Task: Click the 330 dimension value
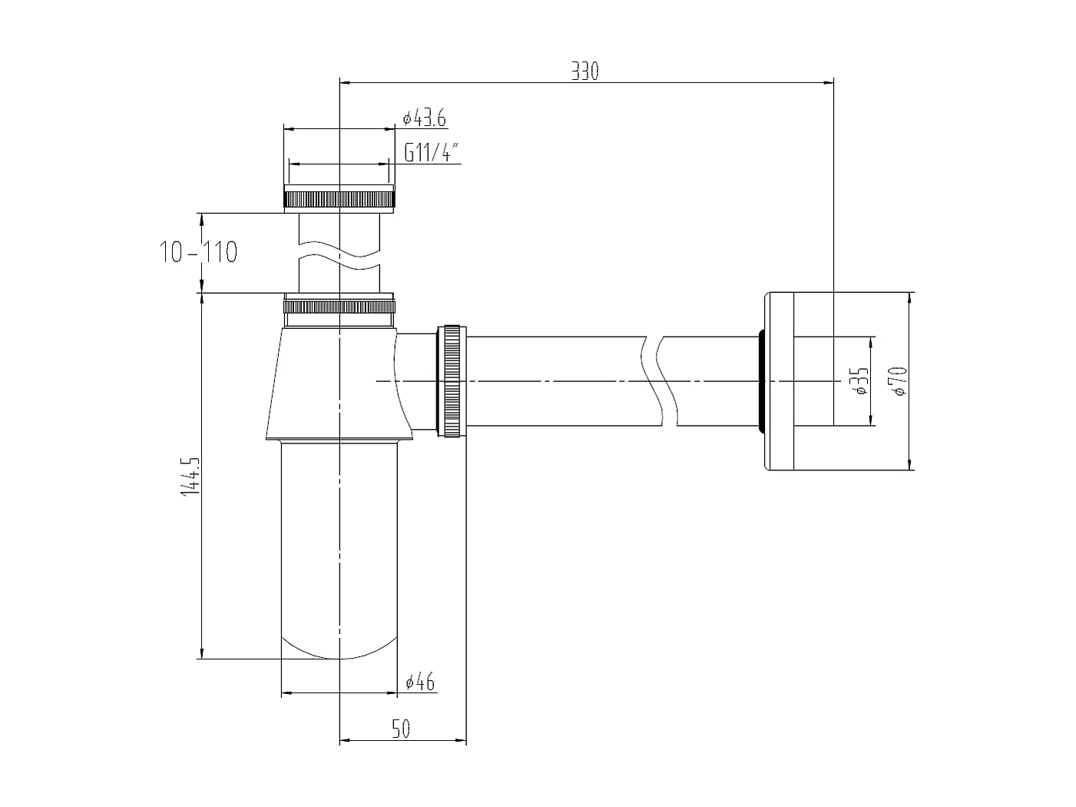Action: (x=584, y=71)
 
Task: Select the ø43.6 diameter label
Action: (x=424, y=118)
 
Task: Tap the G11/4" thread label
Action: (x=432, y=153)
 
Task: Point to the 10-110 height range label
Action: (x=199, y=251)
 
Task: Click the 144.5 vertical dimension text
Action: (x=189, y=477)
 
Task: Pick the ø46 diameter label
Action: (x=420, y=682)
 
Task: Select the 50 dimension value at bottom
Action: (x=401, y=729)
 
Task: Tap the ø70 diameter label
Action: (x=899, y=380)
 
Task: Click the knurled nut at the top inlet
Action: (x=339, y=198)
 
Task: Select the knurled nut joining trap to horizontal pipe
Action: (x=452, y=381)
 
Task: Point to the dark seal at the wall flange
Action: (x=760, y=380)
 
